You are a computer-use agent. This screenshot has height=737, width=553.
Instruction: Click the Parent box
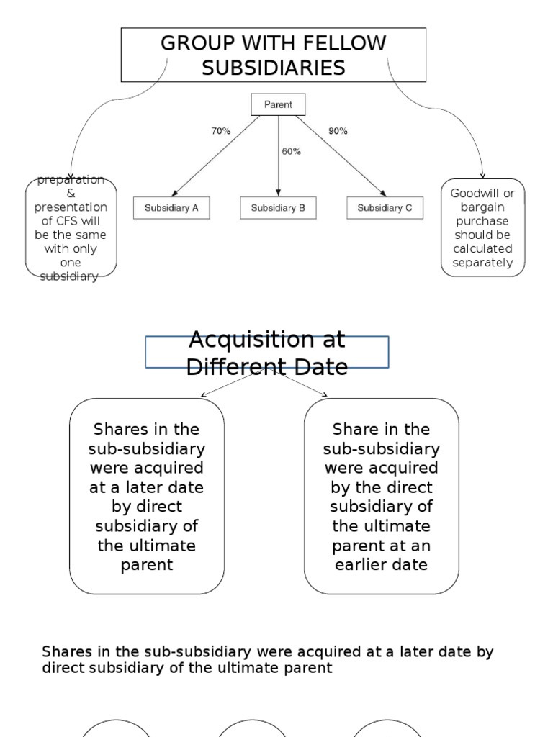click(278, 104)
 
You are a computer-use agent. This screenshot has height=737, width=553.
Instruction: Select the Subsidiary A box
click(171, 208)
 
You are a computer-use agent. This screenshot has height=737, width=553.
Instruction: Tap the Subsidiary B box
click(278, 208)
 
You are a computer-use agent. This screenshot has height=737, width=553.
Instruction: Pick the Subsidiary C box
click(385, 208)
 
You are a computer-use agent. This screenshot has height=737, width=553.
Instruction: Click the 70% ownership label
click(220, 131)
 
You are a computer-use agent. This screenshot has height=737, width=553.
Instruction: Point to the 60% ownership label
click(291, 151)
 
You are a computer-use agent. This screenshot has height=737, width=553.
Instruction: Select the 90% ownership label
click(338, 131)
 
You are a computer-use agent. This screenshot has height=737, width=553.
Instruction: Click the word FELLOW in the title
click(345, 43)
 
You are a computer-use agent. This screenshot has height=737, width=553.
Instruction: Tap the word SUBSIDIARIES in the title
click(274, 68)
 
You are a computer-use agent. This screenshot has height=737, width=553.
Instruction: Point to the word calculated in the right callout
click(482, 248)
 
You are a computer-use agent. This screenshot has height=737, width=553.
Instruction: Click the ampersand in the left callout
click(71, 193)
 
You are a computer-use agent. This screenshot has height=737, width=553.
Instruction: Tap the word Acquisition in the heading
click(267, 340)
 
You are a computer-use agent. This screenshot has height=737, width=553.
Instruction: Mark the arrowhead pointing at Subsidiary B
click(278, 193)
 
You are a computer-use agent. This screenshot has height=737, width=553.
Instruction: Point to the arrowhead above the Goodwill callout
click(482, 176)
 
